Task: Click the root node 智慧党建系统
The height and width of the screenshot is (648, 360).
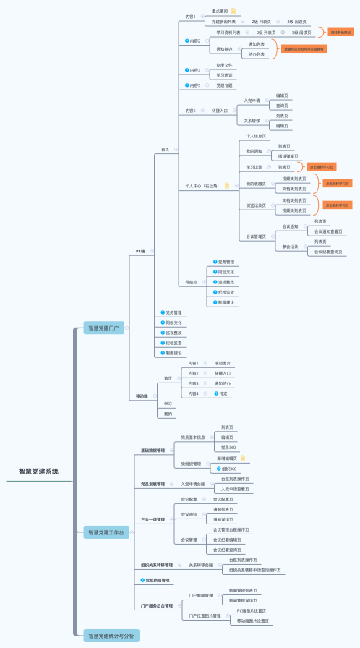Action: click(x=39, y=471)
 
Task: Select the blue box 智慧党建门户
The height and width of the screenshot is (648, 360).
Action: click(x=103, y=328)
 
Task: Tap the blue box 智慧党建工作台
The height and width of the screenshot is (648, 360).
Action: click(x=106, y=533)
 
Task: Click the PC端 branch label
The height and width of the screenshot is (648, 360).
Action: click(x=140, y=251)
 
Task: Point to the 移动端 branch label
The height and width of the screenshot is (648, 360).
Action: click(x=142, y=396)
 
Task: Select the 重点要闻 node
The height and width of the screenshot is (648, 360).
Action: click(x=220, y=12)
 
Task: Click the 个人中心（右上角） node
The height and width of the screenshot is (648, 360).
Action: click(x=203, y=186)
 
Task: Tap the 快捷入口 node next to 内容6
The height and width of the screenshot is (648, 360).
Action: click(x=220, y=111)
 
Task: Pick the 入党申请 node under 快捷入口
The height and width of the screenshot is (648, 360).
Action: click(x=252, y=101)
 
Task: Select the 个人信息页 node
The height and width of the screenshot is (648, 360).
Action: click(x=256, y=136)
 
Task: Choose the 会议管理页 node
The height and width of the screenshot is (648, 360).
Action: click(x=256, y=236)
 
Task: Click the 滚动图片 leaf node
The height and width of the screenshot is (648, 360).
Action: click(x=223, y=362)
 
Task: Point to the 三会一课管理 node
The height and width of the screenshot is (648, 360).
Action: click(x=153, y=519)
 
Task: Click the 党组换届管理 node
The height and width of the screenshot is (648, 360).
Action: click(x=155, y=580)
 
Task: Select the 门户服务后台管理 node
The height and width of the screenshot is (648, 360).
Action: click(x=157, y=605)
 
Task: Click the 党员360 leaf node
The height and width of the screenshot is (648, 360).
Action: click(x=227, y=448)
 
